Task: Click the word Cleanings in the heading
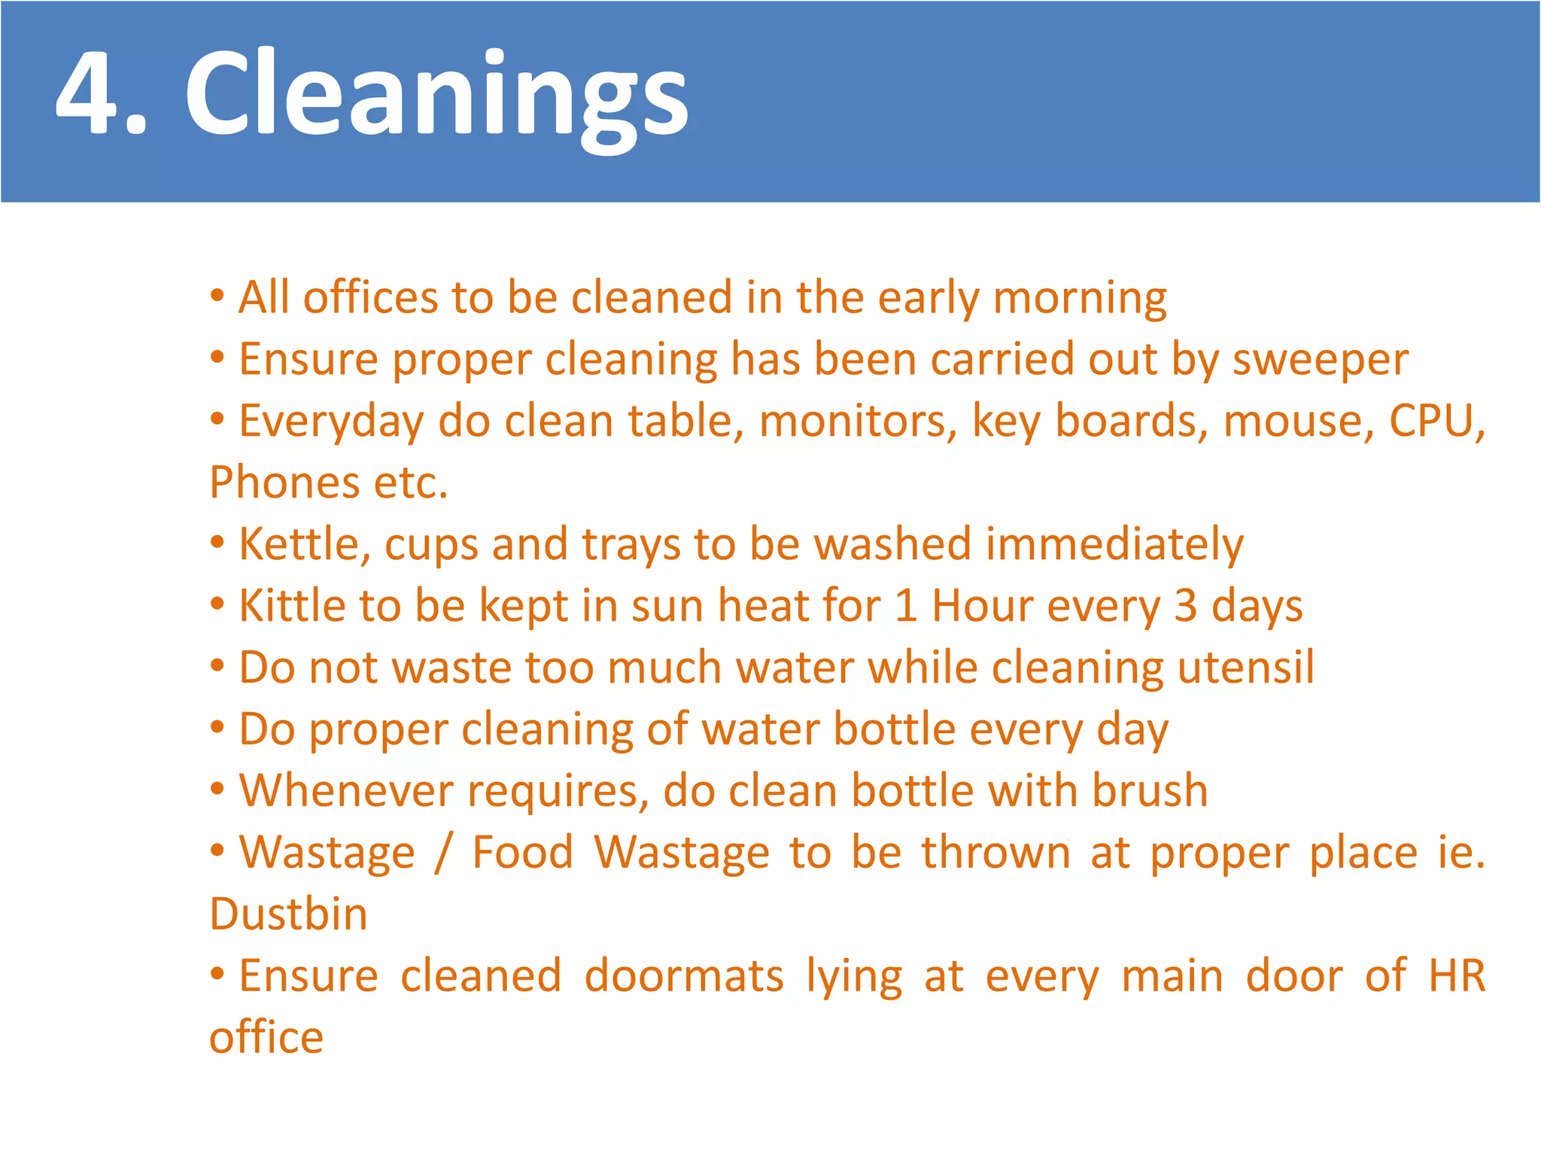tap(436, 95)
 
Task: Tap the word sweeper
tap(1320, 360)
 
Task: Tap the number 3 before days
tap(1185, 606)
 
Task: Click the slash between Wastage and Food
tap(444, 853)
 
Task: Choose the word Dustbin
tap(288, 914)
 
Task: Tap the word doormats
tap(684, 976)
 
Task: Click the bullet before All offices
tap(217, 295)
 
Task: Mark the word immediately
tap(1114, 545)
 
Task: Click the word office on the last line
tap(266, 1038)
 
